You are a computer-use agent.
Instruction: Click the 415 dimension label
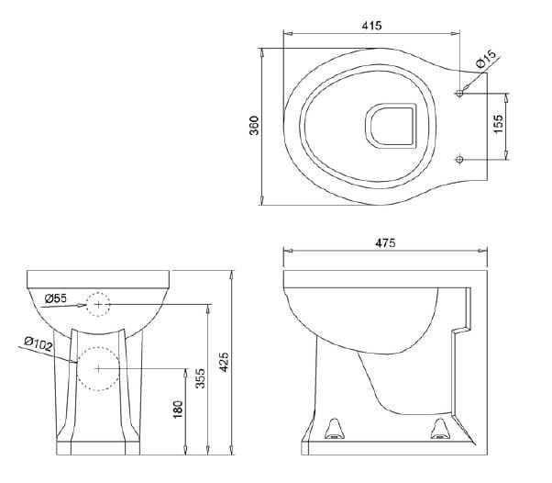[370, 27]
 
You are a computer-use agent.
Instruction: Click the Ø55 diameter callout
[56, 298]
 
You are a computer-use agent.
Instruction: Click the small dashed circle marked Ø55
[98, 303]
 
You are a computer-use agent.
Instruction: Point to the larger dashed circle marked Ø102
[98, 368]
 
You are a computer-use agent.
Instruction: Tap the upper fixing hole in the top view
[460, 94]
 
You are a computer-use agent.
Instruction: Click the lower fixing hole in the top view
[460, 159]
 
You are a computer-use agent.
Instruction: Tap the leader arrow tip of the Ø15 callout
[464, 90]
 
